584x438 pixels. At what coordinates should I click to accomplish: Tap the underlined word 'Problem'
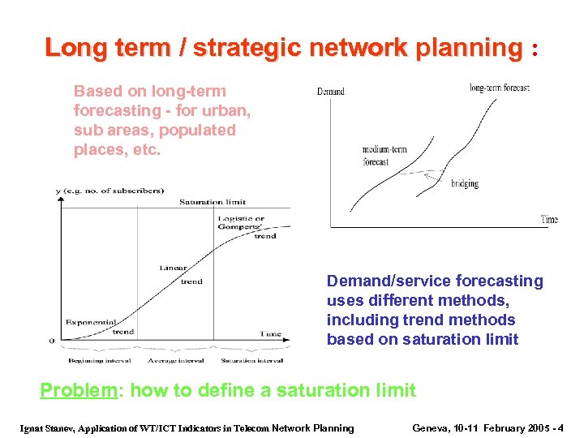(x=79, y=390)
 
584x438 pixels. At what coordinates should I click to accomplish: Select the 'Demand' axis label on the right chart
(x=330, y=92)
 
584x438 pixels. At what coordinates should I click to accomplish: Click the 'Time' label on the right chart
(x=549, y=219)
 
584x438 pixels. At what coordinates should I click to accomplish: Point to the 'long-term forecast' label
(x=499, y=88)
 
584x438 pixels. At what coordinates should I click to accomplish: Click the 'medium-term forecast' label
(x=384, y=156)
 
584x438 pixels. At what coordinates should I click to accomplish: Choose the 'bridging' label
(x=465, y=184)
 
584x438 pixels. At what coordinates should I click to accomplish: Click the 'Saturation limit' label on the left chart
(x=212, y=202)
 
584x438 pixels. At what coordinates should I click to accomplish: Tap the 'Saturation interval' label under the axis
(x=251, y=359)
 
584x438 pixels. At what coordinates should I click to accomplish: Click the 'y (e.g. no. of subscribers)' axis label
(x=109, y=191)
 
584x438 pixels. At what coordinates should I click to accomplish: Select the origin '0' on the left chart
(x=51, y=340)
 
